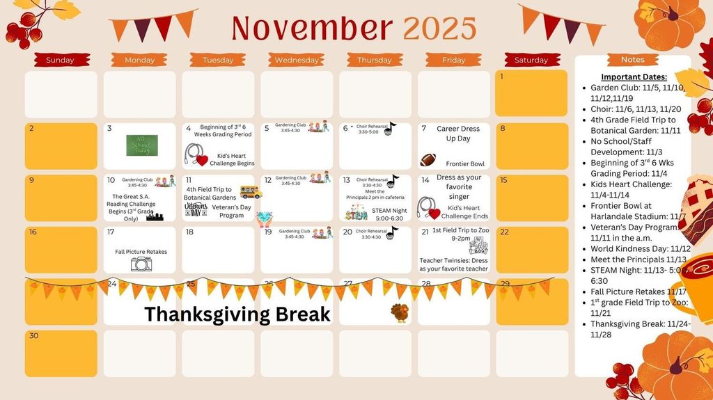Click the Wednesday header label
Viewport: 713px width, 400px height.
[297, 61]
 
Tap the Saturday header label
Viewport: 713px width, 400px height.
[531, 61]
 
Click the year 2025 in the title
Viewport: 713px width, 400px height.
[439, 28]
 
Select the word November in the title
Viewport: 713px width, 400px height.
[313, 28]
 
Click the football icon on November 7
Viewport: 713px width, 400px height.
[428, 160]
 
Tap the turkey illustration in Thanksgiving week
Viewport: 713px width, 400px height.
[400, 313]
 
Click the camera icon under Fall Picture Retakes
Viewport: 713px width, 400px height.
[141, 264]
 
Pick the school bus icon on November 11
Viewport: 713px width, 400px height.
[251, 192]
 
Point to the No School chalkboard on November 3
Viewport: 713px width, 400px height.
[141, 145]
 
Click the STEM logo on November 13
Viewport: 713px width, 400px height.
[356, 212]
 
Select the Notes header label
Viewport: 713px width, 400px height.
[633, 60]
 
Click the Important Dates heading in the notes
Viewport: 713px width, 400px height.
[634, 77]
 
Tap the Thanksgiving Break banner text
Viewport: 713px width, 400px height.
[237, 314]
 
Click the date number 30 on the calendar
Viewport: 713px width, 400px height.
[34, 335]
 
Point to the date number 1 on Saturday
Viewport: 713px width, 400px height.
[501, 76]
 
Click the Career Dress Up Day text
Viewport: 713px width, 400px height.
[458, 134]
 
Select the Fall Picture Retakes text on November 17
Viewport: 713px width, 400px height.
[141, 252]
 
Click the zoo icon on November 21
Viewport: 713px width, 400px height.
[479, 246]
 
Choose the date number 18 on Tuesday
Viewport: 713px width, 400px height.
[189, 232]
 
